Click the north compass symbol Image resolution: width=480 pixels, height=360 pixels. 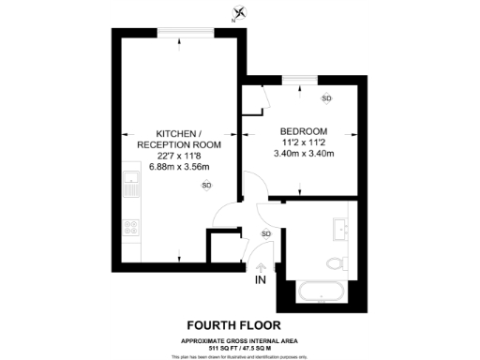pyautogui.click(x=242, y=12)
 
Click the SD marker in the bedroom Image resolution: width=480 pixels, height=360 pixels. pyautogui.click(x=326, y=98)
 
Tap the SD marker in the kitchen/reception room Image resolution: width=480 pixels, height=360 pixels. pyautogui.click(x=206, y=186)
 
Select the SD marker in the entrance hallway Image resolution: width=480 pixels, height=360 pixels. pyautogui.click(x=265, y=233)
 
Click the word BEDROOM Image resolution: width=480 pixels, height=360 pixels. pyautogui.click(x=304, y=130)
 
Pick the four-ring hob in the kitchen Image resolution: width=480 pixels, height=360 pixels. pyautogui.click(x=131, y=227)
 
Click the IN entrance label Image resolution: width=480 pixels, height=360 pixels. pyautogui.click(x=260, y=279)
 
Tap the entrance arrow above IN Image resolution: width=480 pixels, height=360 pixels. pyautogui.click(x=260, y=266)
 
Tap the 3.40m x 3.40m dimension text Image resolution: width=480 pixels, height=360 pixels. pyautogui.click(x=304, y=153)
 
